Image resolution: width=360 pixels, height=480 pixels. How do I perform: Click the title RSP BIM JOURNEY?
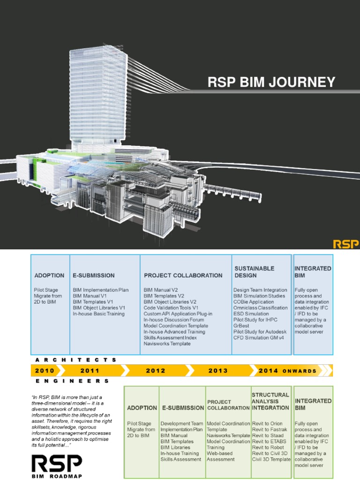[271, 82]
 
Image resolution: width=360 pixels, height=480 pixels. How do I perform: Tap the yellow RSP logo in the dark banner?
[345, 244]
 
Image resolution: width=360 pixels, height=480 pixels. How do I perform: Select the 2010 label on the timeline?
[45, 370]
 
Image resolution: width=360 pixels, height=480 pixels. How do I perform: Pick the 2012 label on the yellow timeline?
[156, 370]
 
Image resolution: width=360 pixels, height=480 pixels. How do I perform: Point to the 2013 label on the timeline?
[218, 370]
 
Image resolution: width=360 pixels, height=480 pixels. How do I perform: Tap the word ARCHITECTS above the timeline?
[75, 360]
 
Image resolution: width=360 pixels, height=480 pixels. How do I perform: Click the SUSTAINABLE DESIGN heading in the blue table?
[254, 272]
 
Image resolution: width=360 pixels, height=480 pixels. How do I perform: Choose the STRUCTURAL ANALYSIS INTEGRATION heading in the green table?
[270, 401]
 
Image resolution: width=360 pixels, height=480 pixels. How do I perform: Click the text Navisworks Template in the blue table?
[167, 344]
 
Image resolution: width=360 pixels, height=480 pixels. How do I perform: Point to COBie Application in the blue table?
[254, 302]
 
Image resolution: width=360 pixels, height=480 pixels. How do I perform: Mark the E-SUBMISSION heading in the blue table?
[94, 275]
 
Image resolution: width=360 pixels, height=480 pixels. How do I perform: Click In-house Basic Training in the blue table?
[98, 314]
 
